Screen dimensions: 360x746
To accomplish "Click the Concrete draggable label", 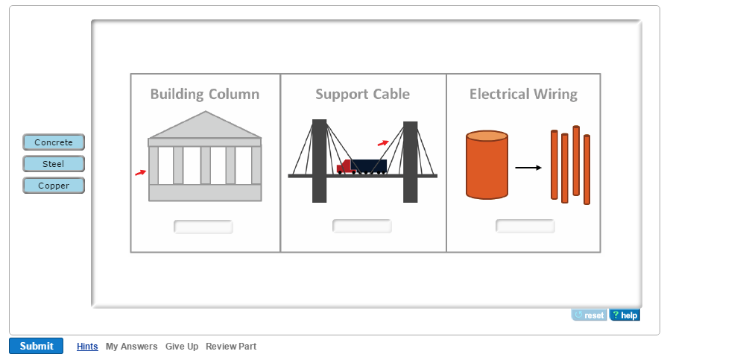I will (x=54, y=142).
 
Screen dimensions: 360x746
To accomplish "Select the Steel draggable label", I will (x=54, y=164).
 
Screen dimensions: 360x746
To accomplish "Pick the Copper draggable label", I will (x=54, y=186).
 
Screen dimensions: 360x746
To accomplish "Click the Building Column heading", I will (x=205, y=94).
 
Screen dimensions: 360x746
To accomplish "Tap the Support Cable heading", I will (x=362, y=94).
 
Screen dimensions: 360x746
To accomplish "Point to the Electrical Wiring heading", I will (x=523, y=94).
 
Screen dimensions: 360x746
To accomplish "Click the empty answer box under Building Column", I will (x=203, y=227).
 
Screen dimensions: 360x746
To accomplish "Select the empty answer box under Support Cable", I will (x=362, y=226).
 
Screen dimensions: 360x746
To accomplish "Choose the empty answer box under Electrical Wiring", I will (x=525, y=226).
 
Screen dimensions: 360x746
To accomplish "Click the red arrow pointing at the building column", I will (x=140, y=173).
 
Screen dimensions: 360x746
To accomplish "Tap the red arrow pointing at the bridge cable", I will (x=383, y=142).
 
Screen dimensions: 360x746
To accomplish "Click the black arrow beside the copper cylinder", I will (x=528, y=168).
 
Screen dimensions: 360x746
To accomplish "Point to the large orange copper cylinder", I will (x=487, y=165).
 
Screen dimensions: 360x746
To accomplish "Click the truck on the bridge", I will (x=362, y=167).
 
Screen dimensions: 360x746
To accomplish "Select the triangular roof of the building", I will (x=205, y=126).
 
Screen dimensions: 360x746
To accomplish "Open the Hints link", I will (x=87, y=347).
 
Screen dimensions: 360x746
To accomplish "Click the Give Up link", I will (x=182, y=347).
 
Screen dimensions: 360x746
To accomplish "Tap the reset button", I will (x=589, y=315).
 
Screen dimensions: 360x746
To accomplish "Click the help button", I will (x=625, y=315).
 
